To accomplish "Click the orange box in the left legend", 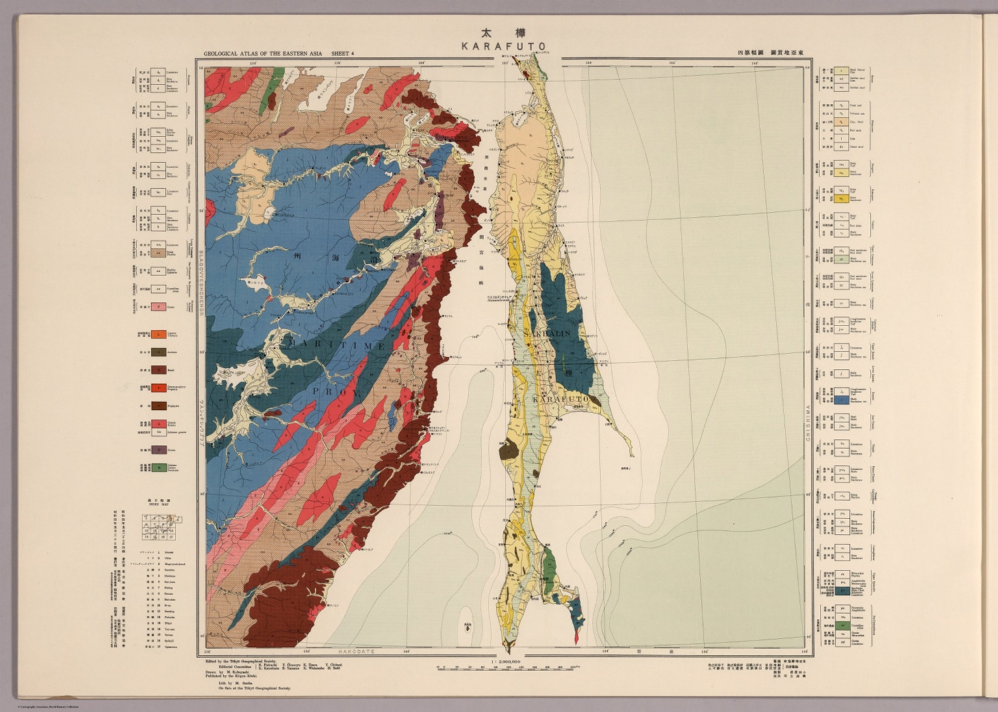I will coord(158,335).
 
